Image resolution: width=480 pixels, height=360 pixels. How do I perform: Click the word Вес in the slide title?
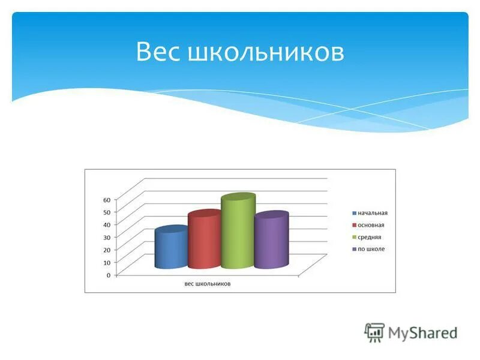point(158,52)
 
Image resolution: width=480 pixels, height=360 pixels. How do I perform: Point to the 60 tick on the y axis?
point(107,199)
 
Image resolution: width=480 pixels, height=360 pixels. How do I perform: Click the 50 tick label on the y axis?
point(107,212)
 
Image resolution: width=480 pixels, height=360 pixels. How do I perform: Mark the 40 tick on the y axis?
point(107,224)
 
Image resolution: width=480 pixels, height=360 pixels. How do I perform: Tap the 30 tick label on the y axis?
point(107,237)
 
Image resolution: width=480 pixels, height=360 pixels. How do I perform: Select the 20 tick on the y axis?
point(107,250)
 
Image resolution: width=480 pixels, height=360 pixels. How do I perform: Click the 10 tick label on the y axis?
point(107,262)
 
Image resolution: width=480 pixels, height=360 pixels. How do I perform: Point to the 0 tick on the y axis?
point(108,275)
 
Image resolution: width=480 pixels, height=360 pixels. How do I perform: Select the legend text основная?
point(371,225)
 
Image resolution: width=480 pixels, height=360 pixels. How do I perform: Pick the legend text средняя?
point(370,237)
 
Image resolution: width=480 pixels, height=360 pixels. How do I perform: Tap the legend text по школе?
point(371,249)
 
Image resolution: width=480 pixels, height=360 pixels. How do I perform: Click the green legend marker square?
point(355,237)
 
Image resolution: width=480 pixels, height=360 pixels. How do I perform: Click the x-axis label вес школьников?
point(208,284)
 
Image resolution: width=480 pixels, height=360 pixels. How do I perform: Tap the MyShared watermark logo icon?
point(374,332)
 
